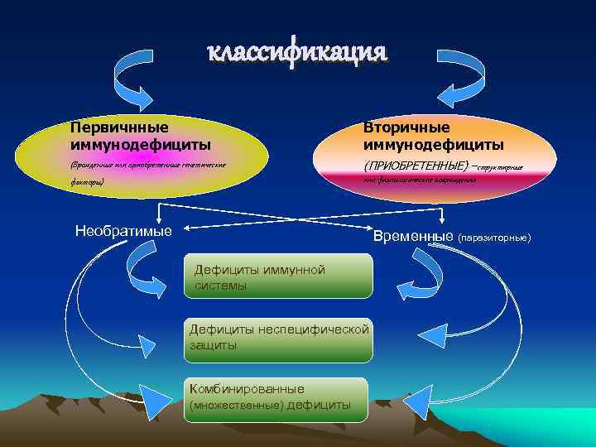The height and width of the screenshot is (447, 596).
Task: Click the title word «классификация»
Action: click(296, 52)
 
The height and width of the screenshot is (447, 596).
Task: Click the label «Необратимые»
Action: click(123, 230)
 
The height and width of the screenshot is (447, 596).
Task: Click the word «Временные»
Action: click(412, 236)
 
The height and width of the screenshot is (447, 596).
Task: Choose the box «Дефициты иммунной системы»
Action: click(278, 277)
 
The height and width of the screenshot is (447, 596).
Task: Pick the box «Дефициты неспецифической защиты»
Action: click(278, 337)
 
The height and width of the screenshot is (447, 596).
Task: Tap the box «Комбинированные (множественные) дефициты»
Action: click(275, 397)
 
